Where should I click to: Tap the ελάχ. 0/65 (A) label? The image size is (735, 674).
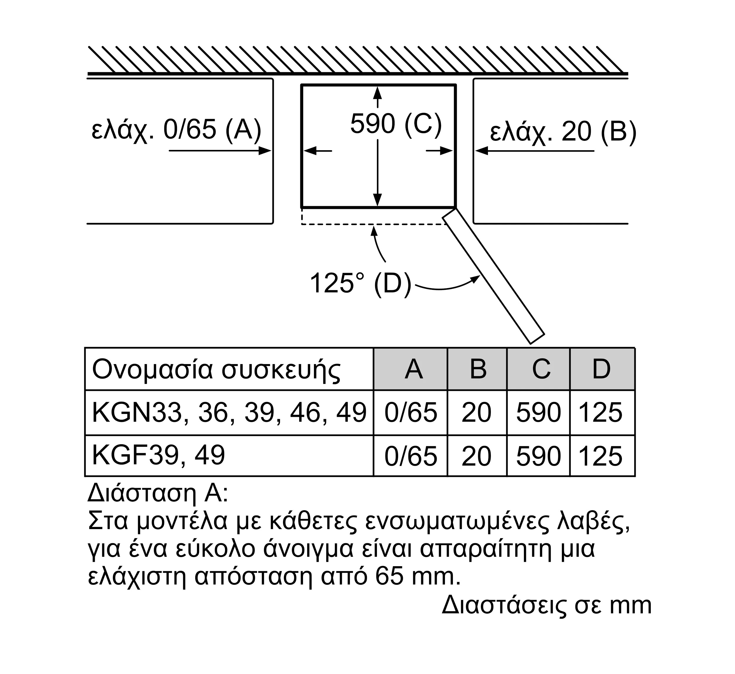coord(176,130)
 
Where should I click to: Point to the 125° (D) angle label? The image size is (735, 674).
coord(360,283)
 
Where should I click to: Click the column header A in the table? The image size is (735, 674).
coord(414,369)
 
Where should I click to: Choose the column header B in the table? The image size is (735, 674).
coord(478,369)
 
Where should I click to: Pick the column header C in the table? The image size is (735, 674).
coord(541,369)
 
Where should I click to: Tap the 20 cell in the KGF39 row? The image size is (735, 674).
coord(476,456)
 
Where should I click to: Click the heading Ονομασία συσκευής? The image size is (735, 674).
coord(216,371)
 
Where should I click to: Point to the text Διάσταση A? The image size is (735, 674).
coord(158,493)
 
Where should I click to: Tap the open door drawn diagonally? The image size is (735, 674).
coord(493,276)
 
